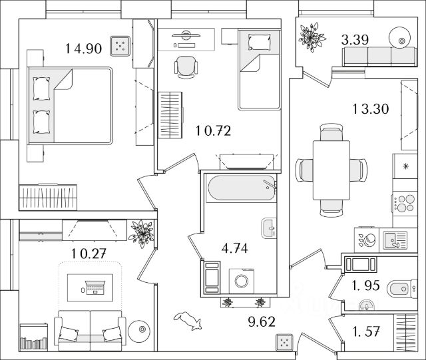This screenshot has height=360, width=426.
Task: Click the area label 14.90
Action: point(83,49)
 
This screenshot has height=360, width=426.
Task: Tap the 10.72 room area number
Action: point(213,131)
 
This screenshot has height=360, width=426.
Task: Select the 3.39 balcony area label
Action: point(355,40)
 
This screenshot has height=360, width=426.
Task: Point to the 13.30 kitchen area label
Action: point(371,109)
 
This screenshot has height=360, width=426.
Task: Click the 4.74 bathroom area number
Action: point(234,248)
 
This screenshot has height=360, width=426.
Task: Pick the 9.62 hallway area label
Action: point(262,321)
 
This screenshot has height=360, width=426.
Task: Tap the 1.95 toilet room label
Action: point(365,285)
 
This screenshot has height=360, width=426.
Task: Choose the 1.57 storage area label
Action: point(365,331)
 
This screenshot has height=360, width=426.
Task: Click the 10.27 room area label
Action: point(89,254)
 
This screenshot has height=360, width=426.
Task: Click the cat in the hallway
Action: point(188,321)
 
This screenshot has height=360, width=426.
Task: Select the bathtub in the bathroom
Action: point(241,188)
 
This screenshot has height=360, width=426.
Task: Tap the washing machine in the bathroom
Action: point(241,281)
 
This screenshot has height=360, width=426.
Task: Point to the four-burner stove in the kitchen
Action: point(405,203)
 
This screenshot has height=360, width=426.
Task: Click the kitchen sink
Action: point(395,240)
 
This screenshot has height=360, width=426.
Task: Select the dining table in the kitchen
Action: point(331,170)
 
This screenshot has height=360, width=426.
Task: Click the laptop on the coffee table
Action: point(95,287)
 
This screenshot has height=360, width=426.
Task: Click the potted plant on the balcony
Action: point(312,37)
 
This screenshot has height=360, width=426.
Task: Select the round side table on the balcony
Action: point(399,38)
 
